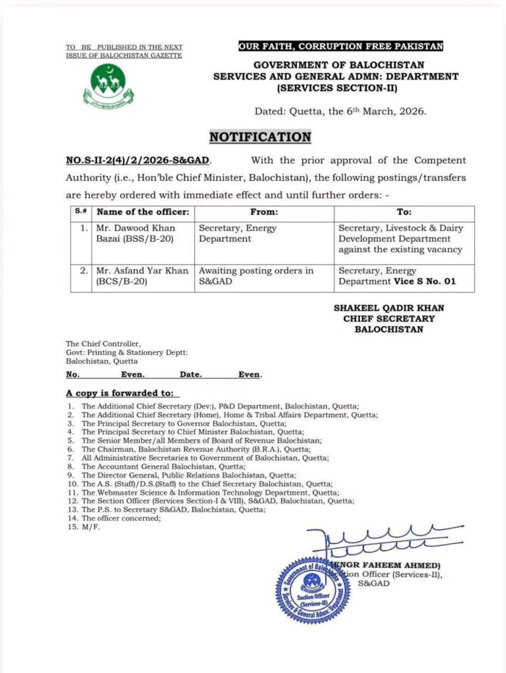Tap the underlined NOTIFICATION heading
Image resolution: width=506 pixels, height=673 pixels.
point(260,137)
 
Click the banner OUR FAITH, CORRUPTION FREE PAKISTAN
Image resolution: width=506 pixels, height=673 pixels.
point(340,46)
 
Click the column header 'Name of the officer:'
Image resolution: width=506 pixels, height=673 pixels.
point(143,212)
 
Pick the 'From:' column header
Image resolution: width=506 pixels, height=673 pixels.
point(264,212)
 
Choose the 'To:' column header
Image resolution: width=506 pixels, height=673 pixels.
point(404,212)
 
